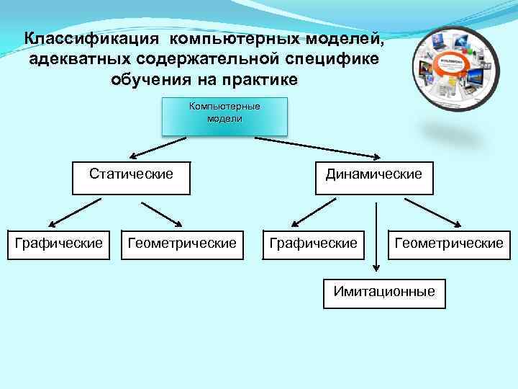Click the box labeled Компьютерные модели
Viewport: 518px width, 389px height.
tap(224, 117)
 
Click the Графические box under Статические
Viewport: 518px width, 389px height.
tap(59, 244)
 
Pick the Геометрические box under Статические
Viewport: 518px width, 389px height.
tap(181, 244)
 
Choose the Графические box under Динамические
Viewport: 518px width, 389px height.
tap(313, 244)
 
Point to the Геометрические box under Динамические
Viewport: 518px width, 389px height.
tap(448, 244)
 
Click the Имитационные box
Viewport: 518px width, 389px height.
tap(384, 292)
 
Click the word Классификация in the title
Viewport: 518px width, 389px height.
tap(91, 38)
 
